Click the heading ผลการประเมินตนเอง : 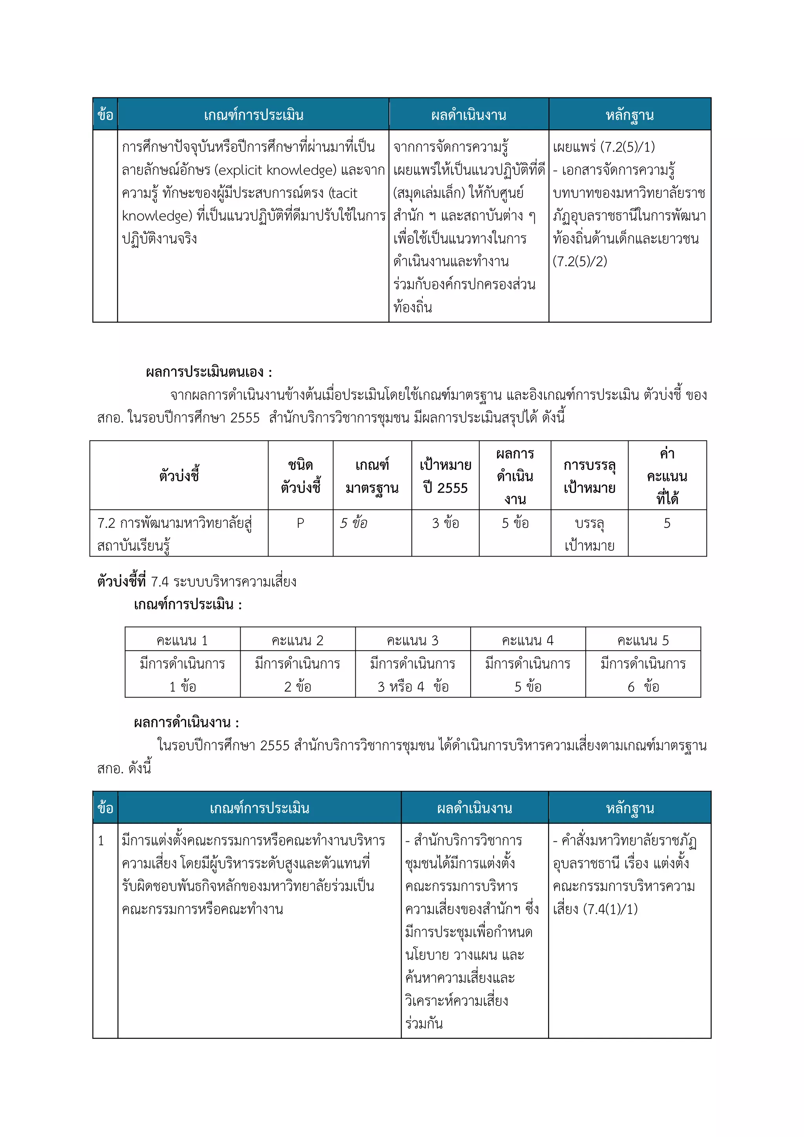tap(208, 372)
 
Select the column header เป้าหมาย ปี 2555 tap(445, 476)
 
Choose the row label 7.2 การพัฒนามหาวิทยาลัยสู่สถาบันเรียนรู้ tap(174, 534)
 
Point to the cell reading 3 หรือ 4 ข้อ tap(413, 687)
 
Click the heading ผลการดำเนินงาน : tap(186, 723)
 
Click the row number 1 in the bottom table tap(101, 841)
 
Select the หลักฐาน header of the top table tap(629, 115)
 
